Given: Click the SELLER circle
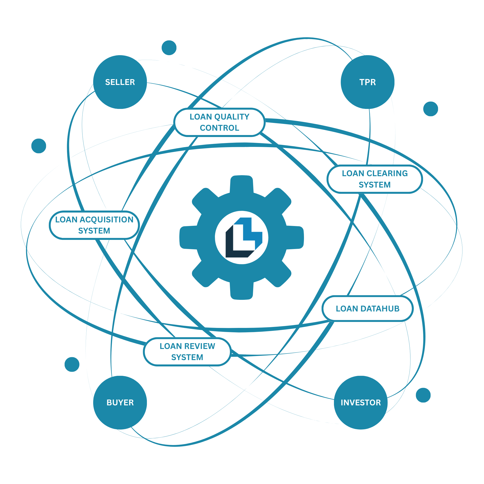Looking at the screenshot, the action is tap(120, 82).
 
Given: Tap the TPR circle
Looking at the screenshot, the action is tap(368, 82).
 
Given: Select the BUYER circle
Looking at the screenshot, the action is tap(120, 403).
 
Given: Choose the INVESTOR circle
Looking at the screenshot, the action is tap(361, 403).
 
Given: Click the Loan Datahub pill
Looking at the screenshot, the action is tap(368, 309).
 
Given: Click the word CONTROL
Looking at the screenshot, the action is tap(219, 128).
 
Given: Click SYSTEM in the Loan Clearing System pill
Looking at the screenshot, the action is tap(375, 185).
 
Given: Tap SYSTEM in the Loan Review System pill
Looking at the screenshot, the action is tap(187, 357).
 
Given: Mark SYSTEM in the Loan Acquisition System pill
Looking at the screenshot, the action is tap(94, 231).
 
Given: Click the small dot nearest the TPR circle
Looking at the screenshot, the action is tap(431, 109).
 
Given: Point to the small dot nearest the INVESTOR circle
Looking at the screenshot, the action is tap(423, 395).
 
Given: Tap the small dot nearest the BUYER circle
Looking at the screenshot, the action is tap(72, 364).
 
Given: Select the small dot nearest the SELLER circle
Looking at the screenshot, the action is tap(169, 48).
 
